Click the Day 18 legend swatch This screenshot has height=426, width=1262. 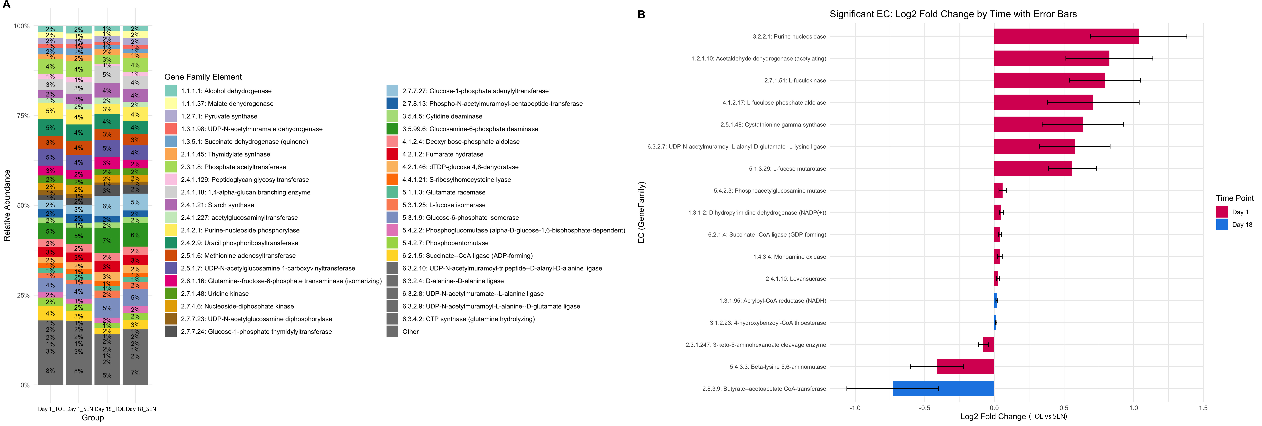(1222, 225)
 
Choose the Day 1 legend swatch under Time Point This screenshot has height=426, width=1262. (1222, 212)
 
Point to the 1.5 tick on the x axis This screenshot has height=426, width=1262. (1203, 408)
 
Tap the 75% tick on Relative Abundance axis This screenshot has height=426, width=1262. (23, 116)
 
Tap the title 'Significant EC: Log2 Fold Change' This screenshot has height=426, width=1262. (953, 14)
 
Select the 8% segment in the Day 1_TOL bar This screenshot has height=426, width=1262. (50, 371)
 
